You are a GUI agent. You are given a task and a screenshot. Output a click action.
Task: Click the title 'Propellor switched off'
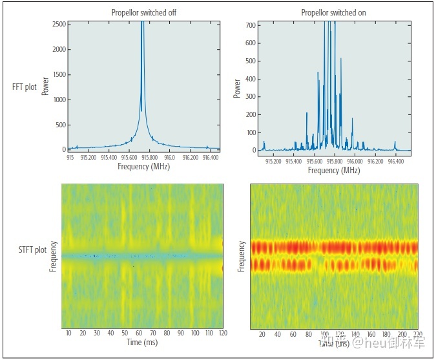pos(143,13)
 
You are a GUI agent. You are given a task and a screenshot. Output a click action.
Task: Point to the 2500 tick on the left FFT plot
pos(58,23)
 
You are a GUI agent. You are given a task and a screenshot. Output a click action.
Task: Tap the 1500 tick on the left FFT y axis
pos(58,74)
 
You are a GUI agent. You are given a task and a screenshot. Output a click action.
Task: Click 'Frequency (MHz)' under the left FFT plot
pos(143,167)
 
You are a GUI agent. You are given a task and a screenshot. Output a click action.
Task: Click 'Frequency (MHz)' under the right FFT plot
pos(333,171)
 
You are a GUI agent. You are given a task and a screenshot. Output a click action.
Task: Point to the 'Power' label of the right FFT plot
pos(236,88)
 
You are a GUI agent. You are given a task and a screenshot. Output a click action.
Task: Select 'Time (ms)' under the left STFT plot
pos(142,342)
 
